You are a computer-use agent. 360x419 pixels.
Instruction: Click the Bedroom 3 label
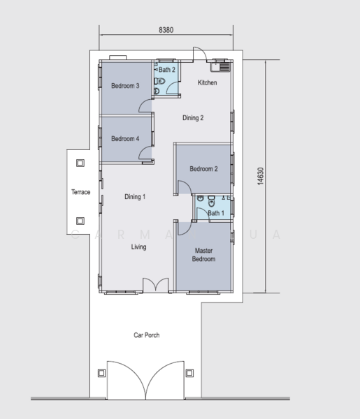point(125,86)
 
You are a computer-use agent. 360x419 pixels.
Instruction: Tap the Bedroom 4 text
point(125,139)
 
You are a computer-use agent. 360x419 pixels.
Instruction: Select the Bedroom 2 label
point(203,169)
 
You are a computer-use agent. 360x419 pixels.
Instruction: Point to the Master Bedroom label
point(203,255)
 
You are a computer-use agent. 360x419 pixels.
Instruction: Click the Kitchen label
point(208,83)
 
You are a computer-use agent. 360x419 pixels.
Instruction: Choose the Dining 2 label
point(193,118)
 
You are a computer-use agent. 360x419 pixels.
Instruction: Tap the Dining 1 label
point(135,197)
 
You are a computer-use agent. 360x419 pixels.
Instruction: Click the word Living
point(138,247)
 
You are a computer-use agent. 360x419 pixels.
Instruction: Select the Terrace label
point(81,192)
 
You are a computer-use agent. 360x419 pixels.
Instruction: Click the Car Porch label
point(147,335)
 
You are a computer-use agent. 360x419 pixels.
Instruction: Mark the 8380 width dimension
point(166,31)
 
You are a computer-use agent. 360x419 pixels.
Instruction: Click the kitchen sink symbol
point(222,68)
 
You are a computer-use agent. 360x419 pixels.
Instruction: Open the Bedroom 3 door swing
point(145,105)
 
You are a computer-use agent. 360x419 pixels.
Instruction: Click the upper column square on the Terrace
point(80,163)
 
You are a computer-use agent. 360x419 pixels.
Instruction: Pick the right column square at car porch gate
point(189,373)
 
